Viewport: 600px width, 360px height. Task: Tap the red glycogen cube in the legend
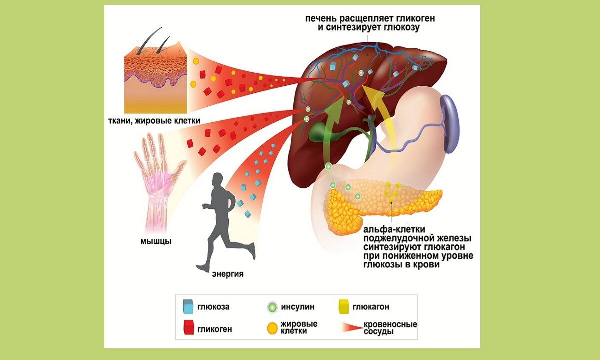[188, 328]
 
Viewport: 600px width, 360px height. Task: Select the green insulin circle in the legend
[272, 306]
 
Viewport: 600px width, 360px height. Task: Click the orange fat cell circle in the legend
[272, 328]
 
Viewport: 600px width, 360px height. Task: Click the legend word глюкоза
[213, 307]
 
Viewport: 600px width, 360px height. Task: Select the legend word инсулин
[298, 307]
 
